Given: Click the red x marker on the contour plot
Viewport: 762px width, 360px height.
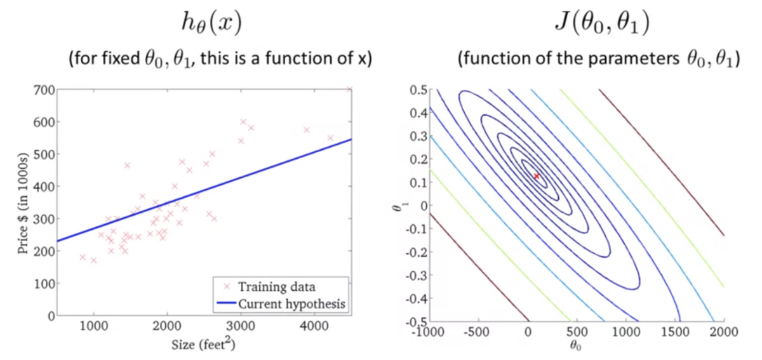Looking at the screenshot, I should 537,176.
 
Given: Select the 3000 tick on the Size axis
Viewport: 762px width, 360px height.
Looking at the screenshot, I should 240,327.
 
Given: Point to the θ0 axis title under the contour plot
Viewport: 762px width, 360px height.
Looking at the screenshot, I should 575,347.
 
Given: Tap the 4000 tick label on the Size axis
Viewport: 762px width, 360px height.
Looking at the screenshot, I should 312,327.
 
